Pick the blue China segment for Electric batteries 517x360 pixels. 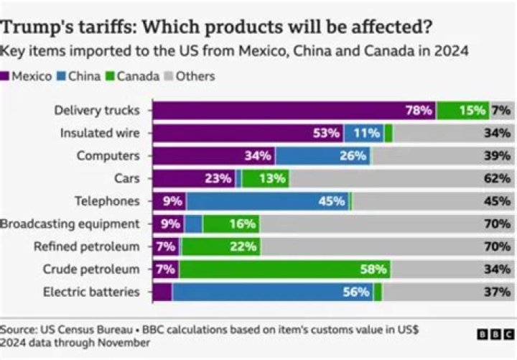point(273,292)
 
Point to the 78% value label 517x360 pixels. point(419,111)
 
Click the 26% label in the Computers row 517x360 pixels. point(353,156)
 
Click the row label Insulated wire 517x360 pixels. point(100,133)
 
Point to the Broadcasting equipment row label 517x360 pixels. point(70,223)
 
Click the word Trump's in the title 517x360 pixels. point(37,28)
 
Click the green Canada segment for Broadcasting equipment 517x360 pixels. point(230,223)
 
